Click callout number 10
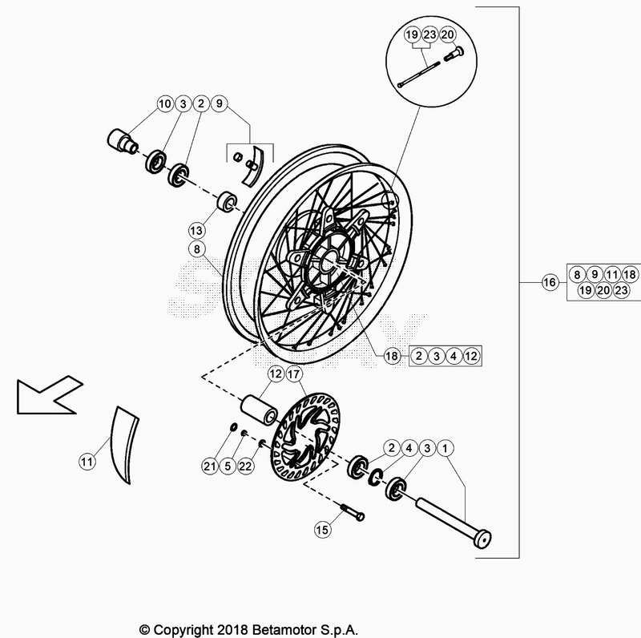[164, 103]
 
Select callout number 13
[196, 229]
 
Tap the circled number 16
[550, 282]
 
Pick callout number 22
[245, 466]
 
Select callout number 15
[322, 529]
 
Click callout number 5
[227, 466]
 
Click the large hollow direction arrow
[43, 395]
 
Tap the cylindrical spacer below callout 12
[261, 408]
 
